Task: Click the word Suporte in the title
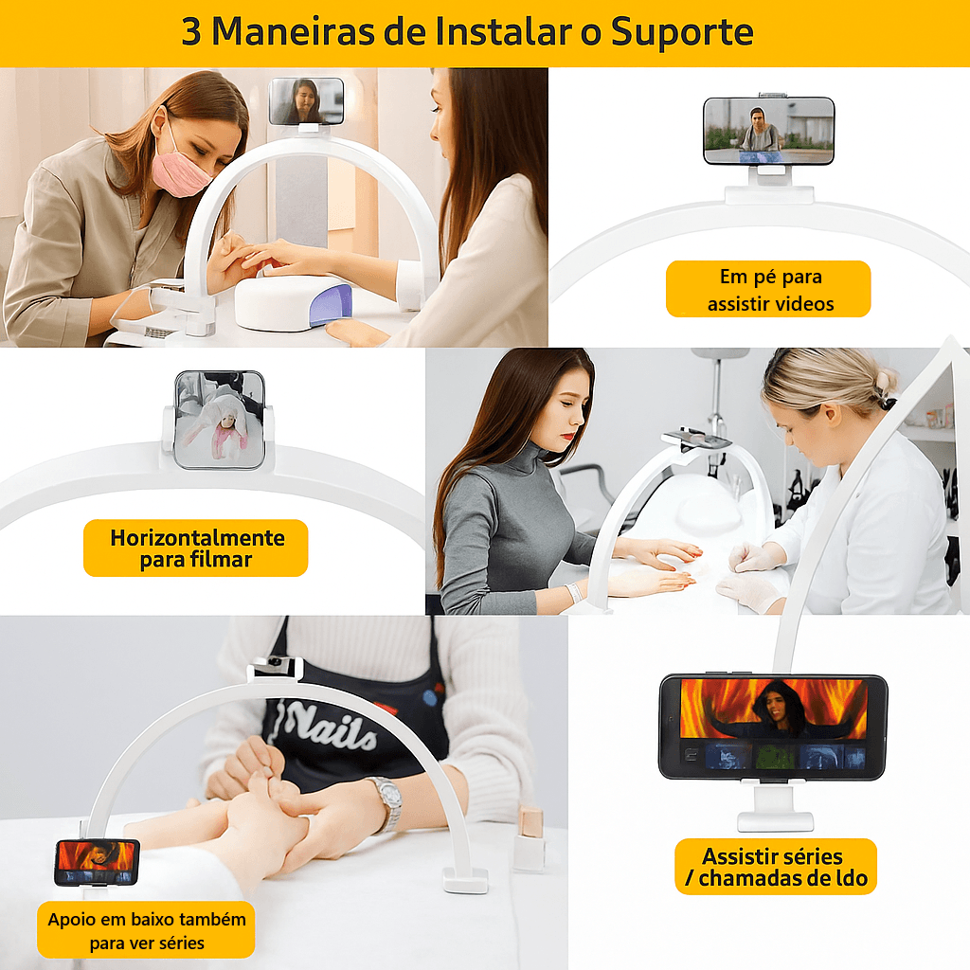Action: tap(682, 32)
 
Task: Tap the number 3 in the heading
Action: tap(191, 32)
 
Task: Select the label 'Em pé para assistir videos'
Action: tap(768, 290)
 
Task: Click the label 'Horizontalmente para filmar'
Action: tap(196, 548)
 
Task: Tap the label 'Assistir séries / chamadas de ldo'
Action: tap(775, 867)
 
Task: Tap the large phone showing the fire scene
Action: tap(773, 727)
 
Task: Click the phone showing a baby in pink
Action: tap(219, 419)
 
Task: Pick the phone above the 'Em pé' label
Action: tap(768, 131)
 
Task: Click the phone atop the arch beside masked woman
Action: tap(306, 100)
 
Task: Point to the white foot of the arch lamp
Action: tap(465, 880)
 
